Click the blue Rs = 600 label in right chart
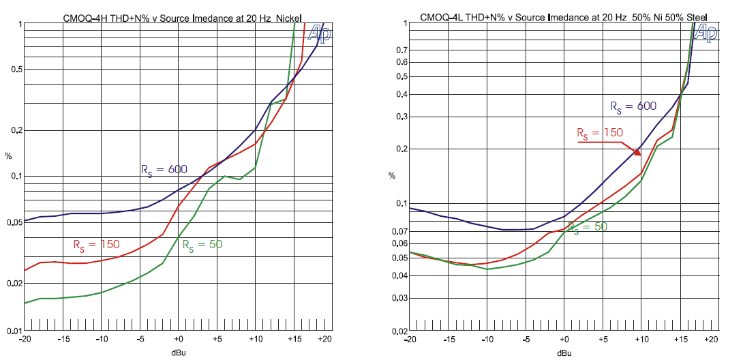(633, 106)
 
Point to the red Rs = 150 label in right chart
(600, 132)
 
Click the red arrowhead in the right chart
(638, 151)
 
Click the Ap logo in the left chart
(320, 31)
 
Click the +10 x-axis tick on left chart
(255, 339)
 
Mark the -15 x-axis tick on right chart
(448, 339)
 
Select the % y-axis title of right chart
(392, 175)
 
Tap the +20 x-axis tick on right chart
(711, 339)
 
